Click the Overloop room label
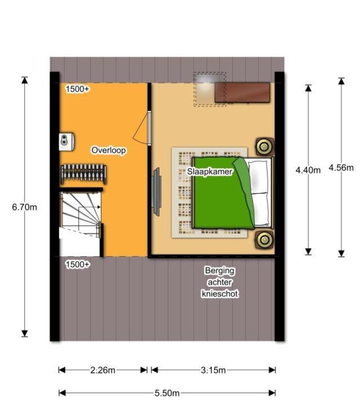(x=108, y=150)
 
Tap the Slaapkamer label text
(x=210, y=171)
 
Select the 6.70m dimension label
(x=24, y=207)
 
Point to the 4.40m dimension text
(x=308, y=170)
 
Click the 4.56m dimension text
(x=341, y=168)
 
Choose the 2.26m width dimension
(x=103, y=370)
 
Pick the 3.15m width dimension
(x=213, y=370)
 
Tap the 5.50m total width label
(x=167, y=393)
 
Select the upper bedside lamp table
(x=265, y=147)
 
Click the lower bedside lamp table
(x=265, y=240)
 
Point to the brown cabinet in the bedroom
(x=242, y=93)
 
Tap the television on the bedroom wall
(x=156, y=191)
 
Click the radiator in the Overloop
(x=83, y=174)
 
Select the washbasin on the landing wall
(x=67, y=141)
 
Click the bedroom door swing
(x=141, y=128)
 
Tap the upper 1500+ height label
(x=77, y=89)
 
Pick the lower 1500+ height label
(x=78, y=264)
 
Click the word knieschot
(x=220, y=294)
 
